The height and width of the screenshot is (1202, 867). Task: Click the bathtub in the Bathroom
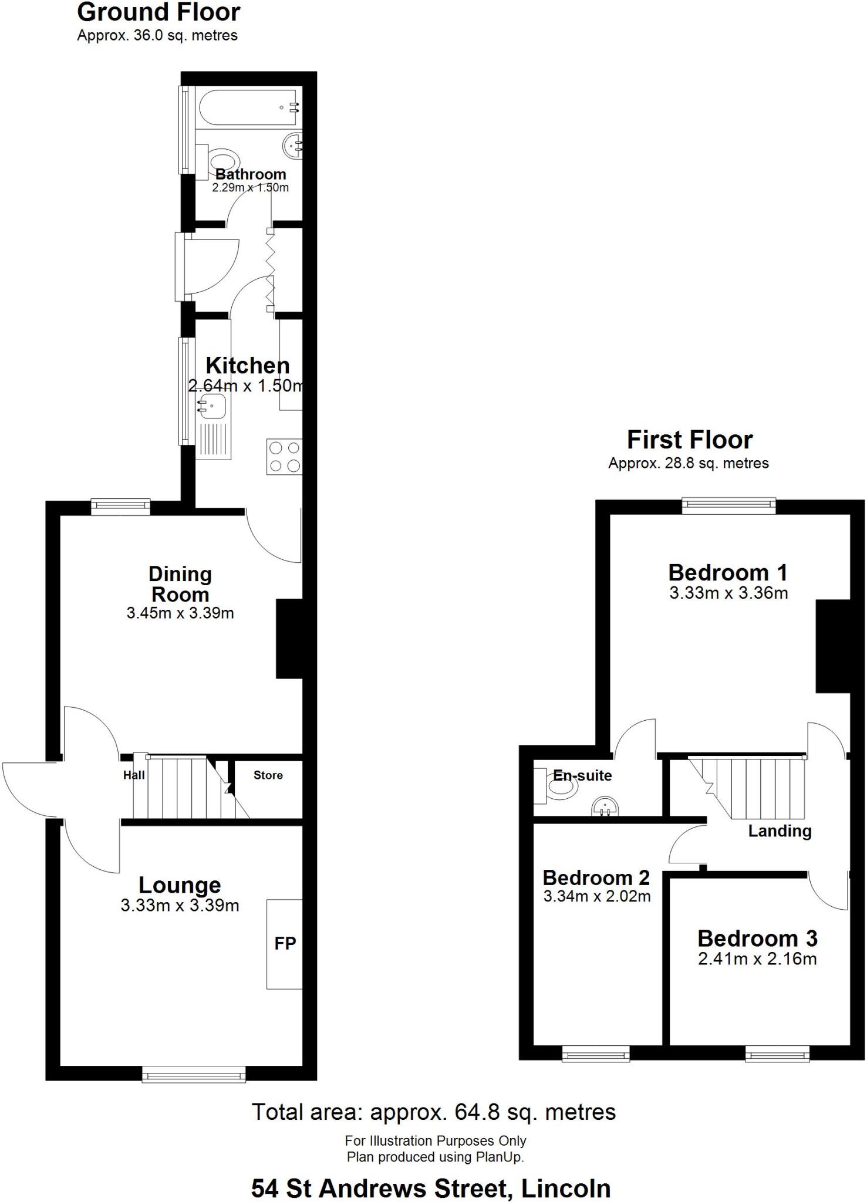click(249, 107)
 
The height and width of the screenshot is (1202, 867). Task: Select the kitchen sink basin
click(212, 406)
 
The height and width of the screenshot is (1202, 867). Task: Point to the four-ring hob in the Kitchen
click(284, 457)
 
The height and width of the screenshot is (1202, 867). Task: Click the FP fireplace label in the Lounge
click(285, 943)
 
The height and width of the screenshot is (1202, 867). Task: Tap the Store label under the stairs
click(268, 775)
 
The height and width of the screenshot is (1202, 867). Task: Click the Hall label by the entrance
click(134, 775)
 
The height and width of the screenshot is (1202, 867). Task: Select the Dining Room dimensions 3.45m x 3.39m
click(180, 613)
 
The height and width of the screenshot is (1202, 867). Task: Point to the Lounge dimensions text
click(180, 906)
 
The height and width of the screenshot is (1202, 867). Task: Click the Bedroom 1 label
click(728, 572)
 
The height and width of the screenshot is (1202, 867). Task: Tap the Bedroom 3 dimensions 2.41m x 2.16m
click(757, 958)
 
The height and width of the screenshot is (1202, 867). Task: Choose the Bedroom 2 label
click(596, 877)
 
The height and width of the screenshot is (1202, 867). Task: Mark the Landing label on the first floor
click(780, 831)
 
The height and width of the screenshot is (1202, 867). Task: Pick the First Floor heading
click(689, 440)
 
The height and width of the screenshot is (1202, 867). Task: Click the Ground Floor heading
click(158, 12)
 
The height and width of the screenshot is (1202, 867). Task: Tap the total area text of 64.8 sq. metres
click(434, 1112)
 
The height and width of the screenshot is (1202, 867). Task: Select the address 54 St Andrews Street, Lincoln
click(431, 1189)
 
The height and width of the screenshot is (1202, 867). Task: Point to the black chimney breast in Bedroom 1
click(832, 646)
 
